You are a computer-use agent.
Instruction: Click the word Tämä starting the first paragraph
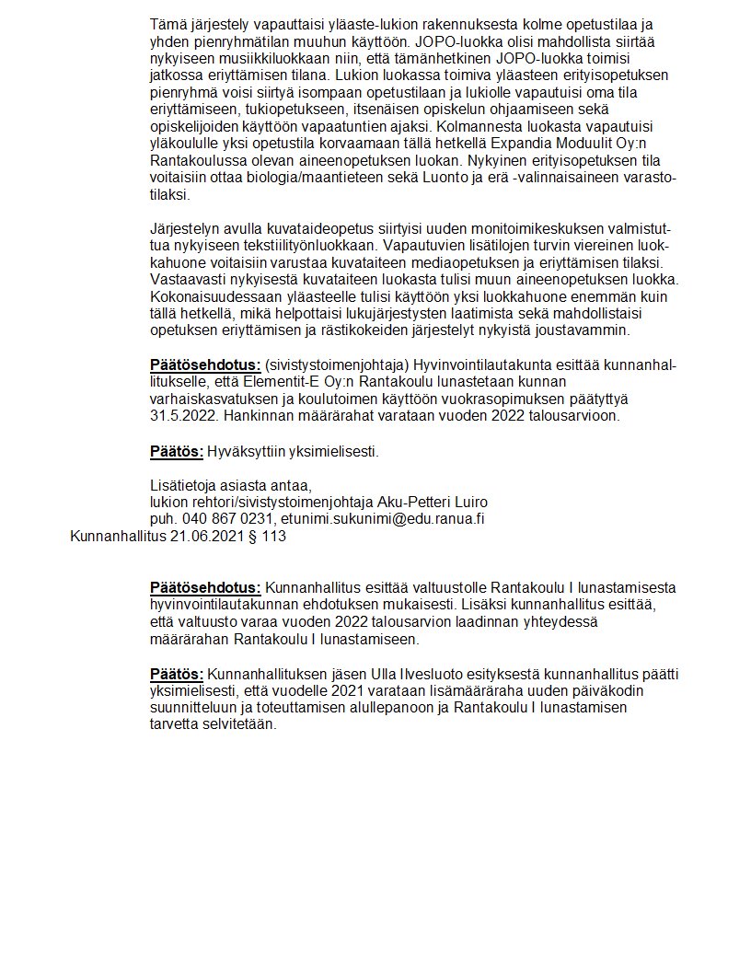(x=167, y=23)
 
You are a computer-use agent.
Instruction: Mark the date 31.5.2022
(x=180, y=415)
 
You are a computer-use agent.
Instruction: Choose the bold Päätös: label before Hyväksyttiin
(x=176, y=451)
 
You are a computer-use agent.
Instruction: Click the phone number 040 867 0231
(x=225, y=518)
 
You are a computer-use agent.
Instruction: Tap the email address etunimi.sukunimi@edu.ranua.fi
(x=383, y=518)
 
